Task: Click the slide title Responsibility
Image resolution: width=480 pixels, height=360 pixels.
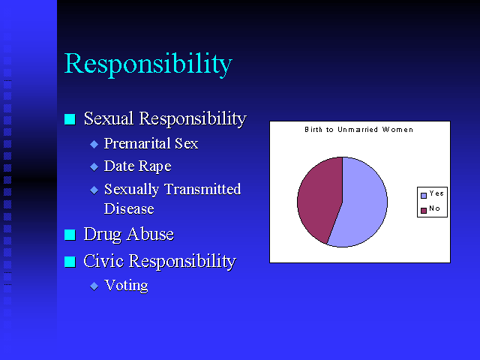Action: pos(148,64)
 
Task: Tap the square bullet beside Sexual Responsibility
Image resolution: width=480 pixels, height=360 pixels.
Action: pos(70,119)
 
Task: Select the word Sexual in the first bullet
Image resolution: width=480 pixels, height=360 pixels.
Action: pos(109,118)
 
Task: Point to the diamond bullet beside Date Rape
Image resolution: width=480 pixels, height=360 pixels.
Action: pos(94,166)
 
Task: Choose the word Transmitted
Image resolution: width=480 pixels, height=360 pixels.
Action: pos(202,189)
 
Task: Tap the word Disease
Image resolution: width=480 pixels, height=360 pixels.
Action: pos(129,208)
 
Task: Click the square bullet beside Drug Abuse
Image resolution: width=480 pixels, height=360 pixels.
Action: pos(70,235)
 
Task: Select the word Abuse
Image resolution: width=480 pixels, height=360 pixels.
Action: pos(150,234)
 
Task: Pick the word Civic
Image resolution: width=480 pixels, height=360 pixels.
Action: pos(103,261)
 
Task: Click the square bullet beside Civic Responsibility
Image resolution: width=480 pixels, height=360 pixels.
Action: pos(70,262)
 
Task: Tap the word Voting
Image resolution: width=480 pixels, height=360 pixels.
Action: pos(126,286)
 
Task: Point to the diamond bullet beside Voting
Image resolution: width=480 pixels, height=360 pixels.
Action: pos(94,286)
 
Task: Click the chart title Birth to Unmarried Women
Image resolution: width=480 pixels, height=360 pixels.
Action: pos(358,130)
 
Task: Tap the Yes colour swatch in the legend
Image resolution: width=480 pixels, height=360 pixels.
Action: pos(424,196)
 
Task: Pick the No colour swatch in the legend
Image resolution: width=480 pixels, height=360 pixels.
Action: pos(424,211)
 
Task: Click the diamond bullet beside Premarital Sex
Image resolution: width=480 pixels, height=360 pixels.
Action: pos(94,144)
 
